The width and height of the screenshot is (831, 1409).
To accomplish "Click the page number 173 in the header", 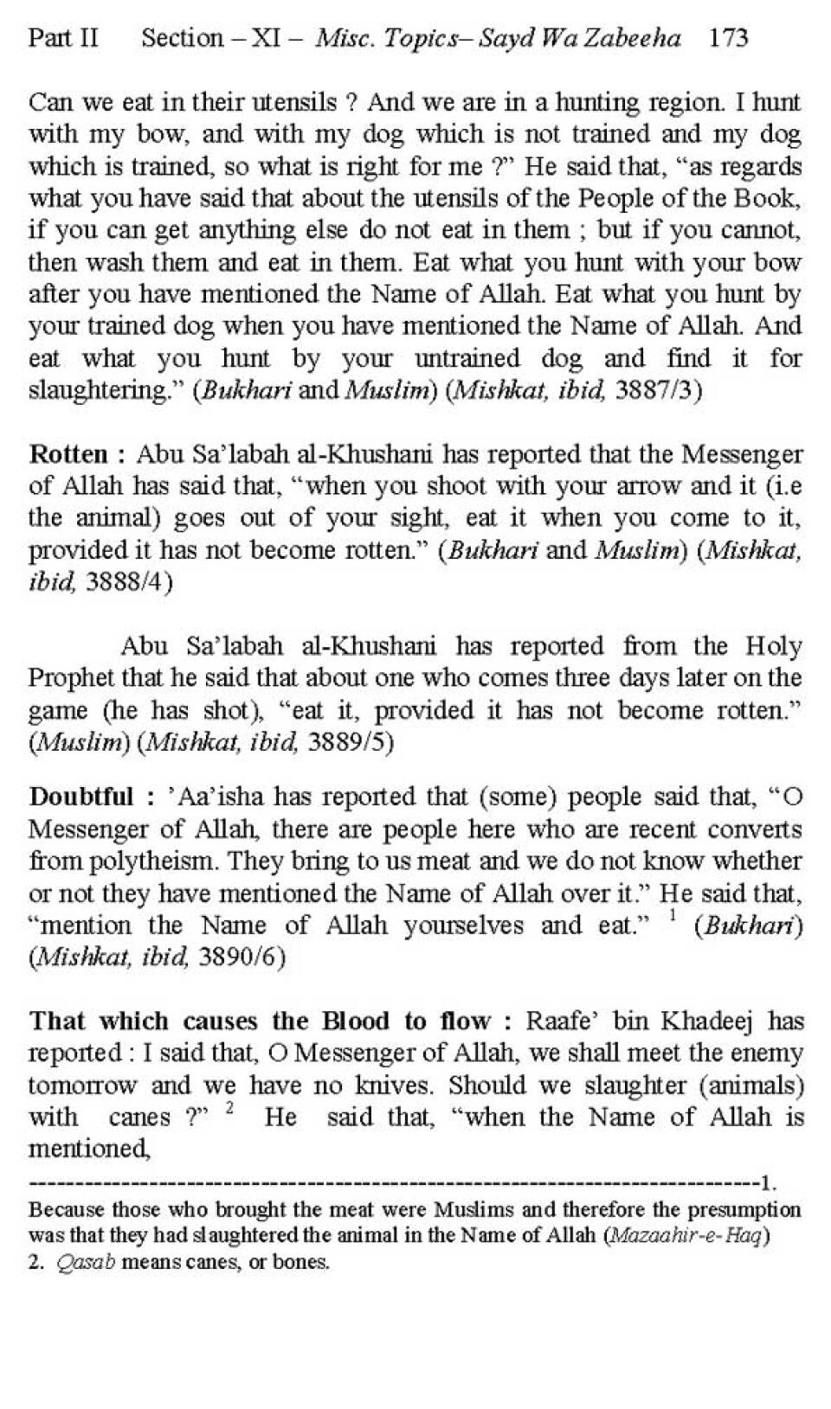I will [728, 38].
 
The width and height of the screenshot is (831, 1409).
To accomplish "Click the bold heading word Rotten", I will [68, 453].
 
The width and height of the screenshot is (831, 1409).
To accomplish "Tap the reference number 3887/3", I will [658, 391].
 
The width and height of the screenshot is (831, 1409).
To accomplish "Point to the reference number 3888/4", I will [129, 582].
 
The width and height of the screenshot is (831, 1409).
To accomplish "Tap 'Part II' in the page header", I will [63, 38].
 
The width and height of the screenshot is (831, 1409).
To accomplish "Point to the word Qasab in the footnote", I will [86, 1262].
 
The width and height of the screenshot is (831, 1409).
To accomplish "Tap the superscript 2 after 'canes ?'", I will [229, 1107].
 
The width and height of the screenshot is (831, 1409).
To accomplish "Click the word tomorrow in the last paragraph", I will [82, 1086].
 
